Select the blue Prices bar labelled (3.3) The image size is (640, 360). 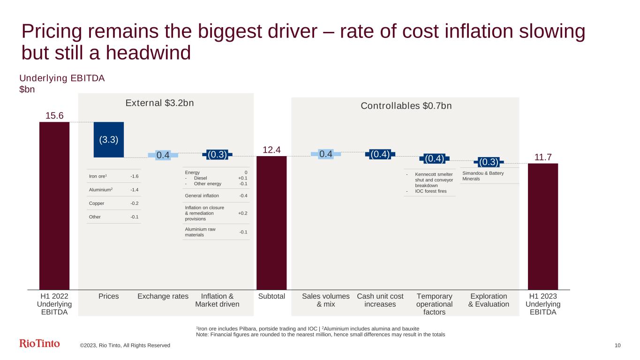tap(109, 140)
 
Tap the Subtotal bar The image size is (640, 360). tap(271, 222)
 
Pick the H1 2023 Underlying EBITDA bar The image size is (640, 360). tap(543, 226)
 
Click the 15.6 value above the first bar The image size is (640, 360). tap(54, 116)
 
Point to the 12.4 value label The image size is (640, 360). tap(271, 150)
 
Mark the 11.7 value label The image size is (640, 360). tap(543, 157)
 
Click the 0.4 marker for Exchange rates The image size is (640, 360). tap(163, 155)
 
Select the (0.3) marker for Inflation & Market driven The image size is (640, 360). tap(217, 154)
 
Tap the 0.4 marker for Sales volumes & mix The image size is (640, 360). tap(325, 154)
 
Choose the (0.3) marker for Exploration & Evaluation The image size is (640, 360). tap(489, 162)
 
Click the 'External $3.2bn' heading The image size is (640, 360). tap(160, 103)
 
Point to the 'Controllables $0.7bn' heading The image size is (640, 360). tap(406, 106)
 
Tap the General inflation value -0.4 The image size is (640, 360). tap(243, 195)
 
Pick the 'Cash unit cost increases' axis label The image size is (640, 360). tap(380, 300)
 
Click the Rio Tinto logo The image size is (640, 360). tap(39, 344)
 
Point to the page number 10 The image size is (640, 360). tap(617, 345)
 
